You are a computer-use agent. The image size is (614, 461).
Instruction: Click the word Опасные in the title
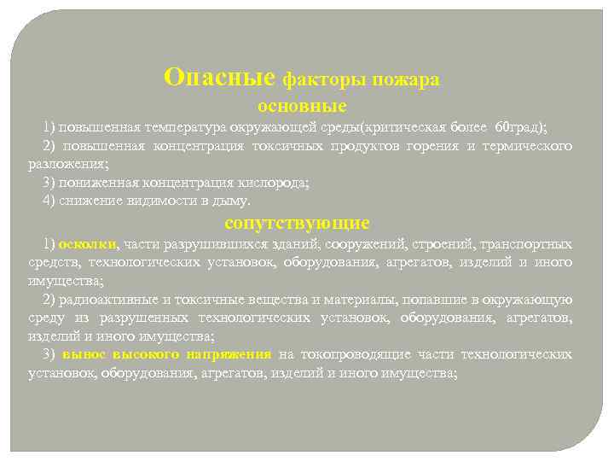(220, 78)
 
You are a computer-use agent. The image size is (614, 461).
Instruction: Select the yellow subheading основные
(302, 107)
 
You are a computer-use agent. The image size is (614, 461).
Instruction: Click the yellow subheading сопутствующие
(297, 224)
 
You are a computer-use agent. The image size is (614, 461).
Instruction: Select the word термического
(528, 146)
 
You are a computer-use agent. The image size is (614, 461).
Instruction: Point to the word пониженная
(91, 183)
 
